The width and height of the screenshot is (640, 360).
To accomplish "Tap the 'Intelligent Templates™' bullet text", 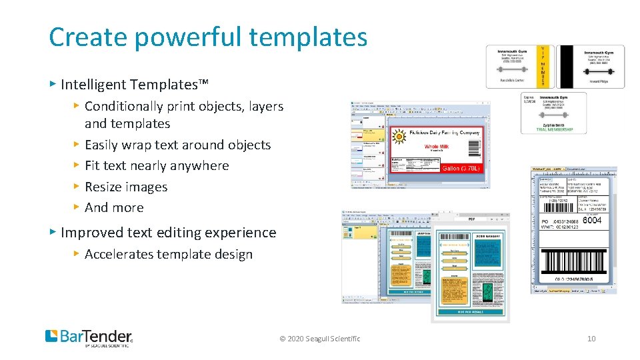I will [x=134, y=85].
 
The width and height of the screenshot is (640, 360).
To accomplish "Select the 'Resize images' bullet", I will [x=126, y=187].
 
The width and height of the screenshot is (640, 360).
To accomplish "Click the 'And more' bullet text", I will [x=114, y=207].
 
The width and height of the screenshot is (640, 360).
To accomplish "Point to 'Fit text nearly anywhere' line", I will [x=157, y=165].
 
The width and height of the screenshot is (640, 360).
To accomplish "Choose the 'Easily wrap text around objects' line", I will [x=177, y=145].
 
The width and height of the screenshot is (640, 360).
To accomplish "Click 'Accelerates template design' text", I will [x=169, y=254].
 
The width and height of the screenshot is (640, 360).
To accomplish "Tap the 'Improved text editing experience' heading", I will [x=168, y=233].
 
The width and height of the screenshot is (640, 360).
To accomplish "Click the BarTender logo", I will [x=89, y=337].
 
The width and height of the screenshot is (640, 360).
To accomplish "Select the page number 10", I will [x=591, y=339].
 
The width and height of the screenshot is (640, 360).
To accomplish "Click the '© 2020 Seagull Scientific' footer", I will [x=320, y=339].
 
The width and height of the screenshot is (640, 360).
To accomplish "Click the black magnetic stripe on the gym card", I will [x=565, y=67].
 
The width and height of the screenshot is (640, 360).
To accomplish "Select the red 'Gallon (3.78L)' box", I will [x=460, y=169].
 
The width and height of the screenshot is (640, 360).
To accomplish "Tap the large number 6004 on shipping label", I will [x=591, y=220].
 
